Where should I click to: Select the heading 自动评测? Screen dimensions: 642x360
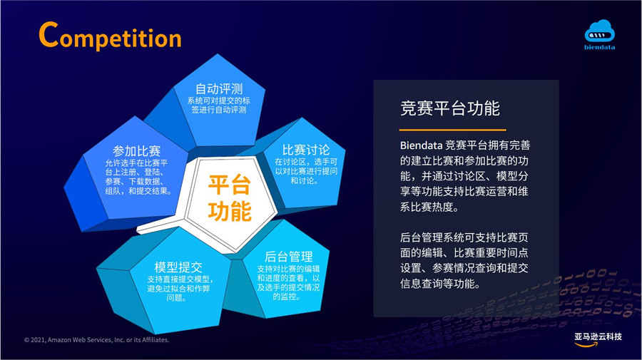tap(219, 89)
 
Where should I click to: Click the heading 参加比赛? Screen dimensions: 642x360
tap(137, 151)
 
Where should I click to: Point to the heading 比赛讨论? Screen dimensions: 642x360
tap(306, 150)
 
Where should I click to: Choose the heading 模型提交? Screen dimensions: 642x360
tap(178, 267)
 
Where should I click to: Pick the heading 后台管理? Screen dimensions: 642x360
tap(289, 257)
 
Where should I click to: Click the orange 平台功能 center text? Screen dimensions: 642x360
tap(229, 198)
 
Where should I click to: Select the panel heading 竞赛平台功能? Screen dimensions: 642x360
tap(450, 108)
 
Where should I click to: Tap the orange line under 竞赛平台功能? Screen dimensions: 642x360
tap(453, 130)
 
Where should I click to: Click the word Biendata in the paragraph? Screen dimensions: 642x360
tap(422, 145)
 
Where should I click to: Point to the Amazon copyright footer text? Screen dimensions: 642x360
tap(96, 340)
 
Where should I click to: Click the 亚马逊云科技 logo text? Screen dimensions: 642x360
tap(598, 336)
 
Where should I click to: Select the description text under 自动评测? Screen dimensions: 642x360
tap(219, 105)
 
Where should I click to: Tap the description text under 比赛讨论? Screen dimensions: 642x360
tap(306, 171)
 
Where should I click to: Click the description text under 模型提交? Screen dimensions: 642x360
tap(178, 289)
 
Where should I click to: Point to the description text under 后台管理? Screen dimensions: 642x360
tap(288, 282)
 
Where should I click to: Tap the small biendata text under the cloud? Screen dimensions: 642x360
tap(599, 47)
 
